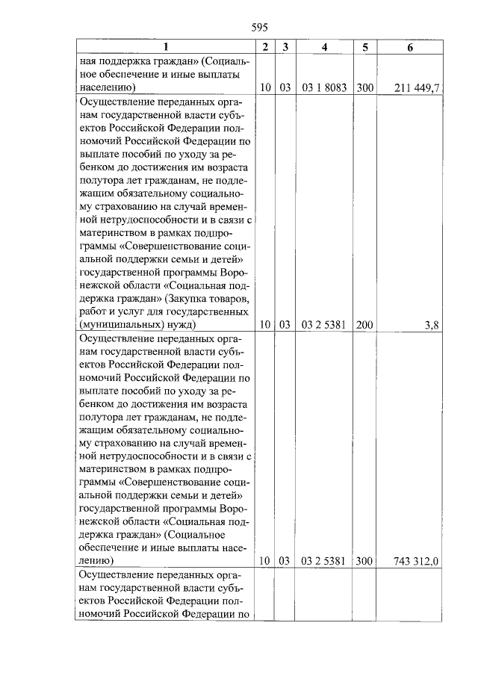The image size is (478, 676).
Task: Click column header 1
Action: click(165, 47)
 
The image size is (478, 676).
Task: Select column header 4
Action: click(323, 47)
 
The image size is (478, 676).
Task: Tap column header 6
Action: click(410, 47)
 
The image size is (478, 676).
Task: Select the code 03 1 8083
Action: click(323, 87)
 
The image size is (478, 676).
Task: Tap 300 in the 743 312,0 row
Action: click(364, 559)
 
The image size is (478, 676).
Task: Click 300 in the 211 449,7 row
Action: click(364, 87)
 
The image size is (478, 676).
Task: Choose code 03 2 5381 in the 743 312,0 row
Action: click(323, 559)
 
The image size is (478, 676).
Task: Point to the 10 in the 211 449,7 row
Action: click(265, 87)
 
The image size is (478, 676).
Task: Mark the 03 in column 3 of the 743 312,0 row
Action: click(285, 559)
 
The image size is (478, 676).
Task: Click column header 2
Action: click(265, 47)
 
